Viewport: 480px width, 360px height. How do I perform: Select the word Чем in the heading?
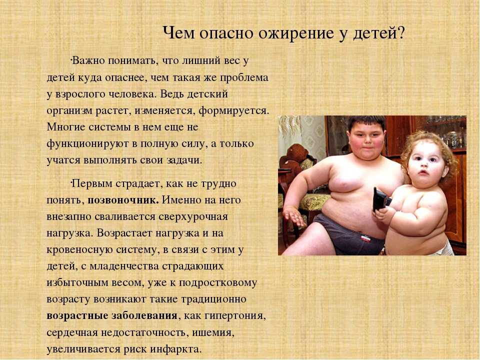[178, 32]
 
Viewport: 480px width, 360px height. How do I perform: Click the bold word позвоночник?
[123, 200]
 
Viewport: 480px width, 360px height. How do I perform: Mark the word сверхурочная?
[193, 217]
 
